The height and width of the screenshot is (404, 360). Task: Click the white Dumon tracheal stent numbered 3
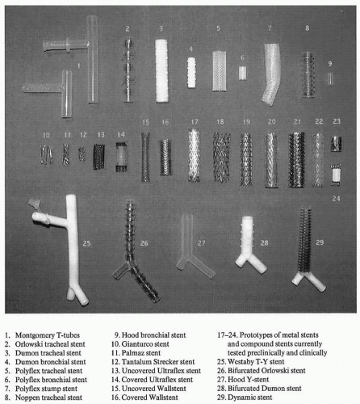(162, 71)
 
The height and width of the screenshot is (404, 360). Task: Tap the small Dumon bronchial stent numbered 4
(191, 73)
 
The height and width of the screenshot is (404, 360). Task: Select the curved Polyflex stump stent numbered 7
(271, 74)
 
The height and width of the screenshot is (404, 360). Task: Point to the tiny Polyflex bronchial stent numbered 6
(242, 73)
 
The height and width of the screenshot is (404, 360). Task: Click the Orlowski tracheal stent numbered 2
(128, 70)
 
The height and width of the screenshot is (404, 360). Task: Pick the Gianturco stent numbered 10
(47, 154)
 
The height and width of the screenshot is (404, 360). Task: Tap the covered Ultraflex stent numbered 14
(121, 157)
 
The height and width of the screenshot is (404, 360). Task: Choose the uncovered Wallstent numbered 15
(145, 157)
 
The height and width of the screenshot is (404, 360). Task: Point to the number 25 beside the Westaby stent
(86, 243)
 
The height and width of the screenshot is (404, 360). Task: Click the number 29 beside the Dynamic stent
(320, 242)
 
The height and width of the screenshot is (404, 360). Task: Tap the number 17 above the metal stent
(195, 122)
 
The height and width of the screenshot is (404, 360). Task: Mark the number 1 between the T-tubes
(78, 65)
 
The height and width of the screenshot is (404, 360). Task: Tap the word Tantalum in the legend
(136, 362)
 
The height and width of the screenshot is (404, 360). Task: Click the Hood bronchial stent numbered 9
(330, 78)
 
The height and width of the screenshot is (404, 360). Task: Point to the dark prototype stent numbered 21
(297, 159)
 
